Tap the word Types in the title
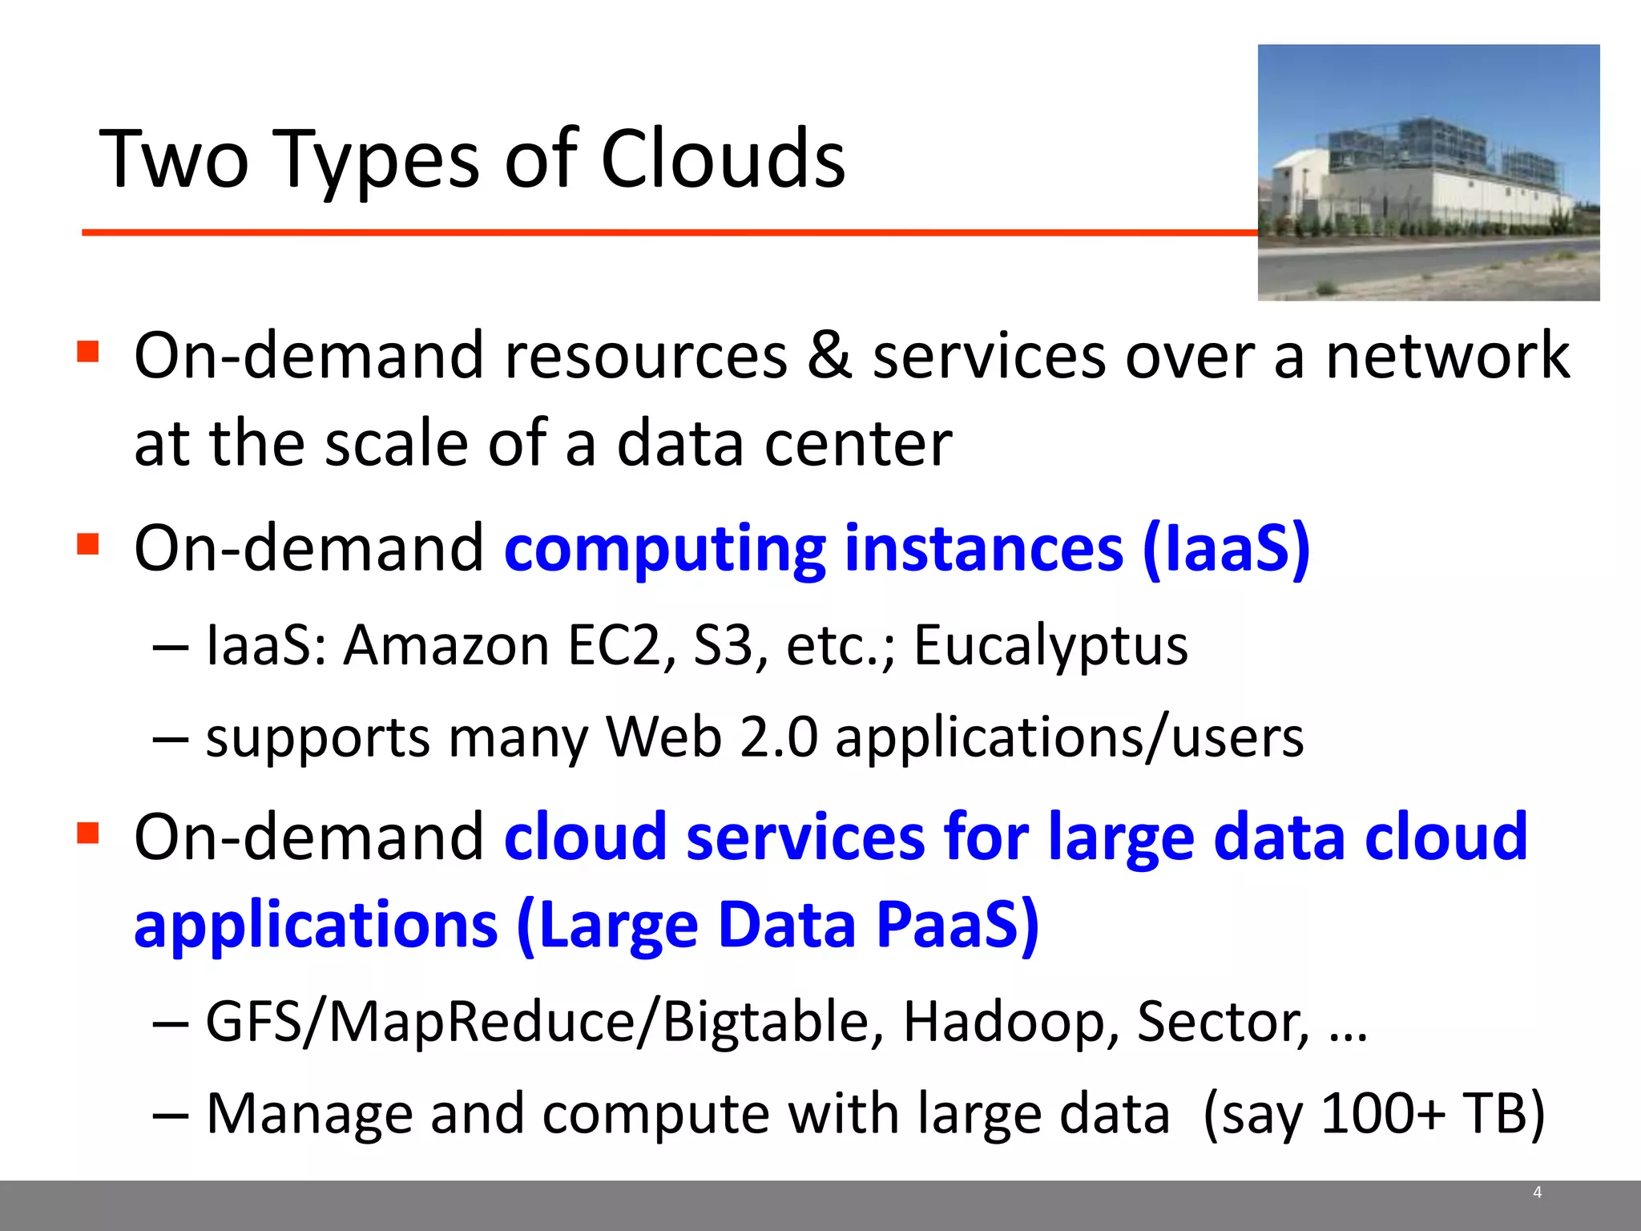coord(377,160)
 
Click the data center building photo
coord(1428,172)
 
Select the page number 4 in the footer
coord(1537,1193)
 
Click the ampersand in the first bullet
coord(829,355)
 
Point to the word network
coord(1447,355)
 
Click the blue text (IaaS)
coord(1226,549)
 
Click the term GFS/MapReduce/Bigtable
coord(545,1023)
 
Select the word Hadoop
coord(1011,1023)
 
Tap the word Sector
coord(1223,1023)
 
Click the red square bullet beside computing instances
coord(87,544)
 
